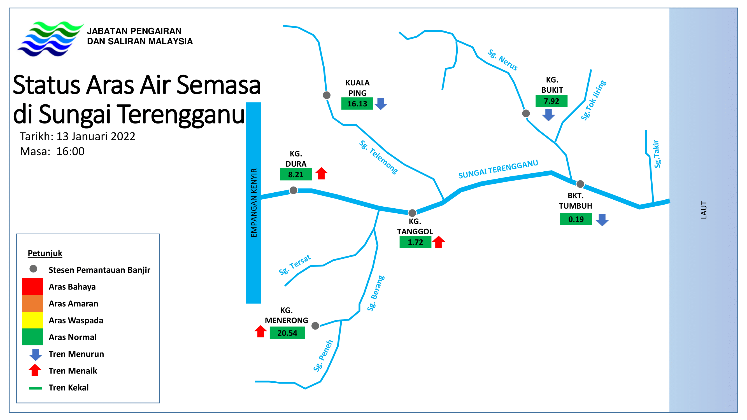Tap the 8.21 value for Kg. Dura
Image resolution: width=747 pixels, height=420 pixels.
(x=295, y=174)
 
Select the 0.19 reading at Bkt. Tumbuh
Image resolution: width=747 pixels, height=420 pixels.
(x=576, y=219)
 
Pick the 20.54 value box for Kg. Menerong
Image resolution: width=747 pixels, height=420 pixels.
(x=287, y=332)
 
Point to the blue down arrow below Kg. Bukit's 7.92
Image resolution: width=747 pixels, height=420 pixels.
(x=548, y=115)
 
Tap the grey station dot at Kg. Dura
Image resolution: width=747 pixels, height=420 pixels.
(x=294, y=190)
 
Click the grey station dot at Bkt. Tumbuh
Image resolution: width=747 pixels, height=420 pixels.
(x=580, y=184)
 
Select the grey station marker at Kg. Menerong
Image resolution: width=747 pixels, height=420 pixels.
(x=315, y=326)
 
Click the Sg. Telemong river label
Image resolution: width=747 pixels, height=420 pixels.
(x=378, y=157)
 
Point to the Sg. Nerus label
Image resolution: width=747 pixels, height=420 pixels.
(x=502, y=60)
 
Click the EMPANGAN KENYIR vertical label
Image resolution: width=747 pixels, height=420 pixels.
(x=254, y=203)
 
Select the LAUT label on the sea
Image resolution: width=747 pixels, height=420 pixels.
(x=704, y=209)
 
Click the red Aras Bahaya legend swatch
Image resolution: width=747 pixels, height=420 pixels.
(x=32, y=286)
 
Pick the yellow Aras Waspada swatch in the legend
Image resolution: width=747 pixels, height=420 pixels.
(x=32, y=320)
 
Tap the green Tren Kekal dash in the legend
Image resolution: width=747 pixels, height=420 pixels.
(x=35, y=388)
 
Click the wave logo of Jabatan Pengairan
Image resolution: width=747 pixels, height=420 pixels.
(x=50, y=38)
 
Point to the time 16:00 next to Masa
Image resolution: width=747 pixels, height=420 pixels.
(x=70, y=151)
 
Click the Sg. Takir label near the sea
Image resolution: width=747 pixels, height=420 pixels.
(x=657, y=154)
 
